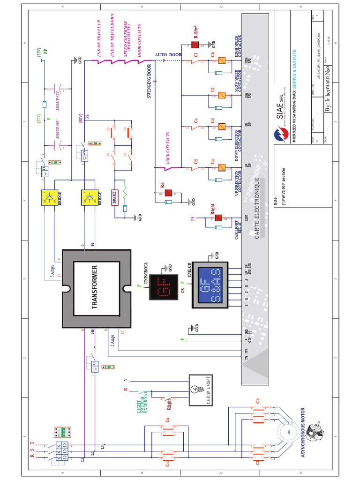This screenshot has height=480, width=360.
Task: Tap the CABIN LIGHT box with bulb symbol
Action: tap(200, 390)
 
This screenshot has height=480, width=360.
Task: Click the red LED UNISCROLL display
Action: tap(164, 287)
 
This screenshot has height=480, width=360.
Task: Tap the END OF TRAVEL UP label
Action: tap(99, 39)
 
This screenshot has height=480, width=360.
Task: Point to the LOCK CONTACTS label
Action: tap(167, 150)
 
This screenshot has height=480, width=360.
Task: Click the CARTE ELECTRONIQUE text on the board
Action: tap(256, 209)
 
